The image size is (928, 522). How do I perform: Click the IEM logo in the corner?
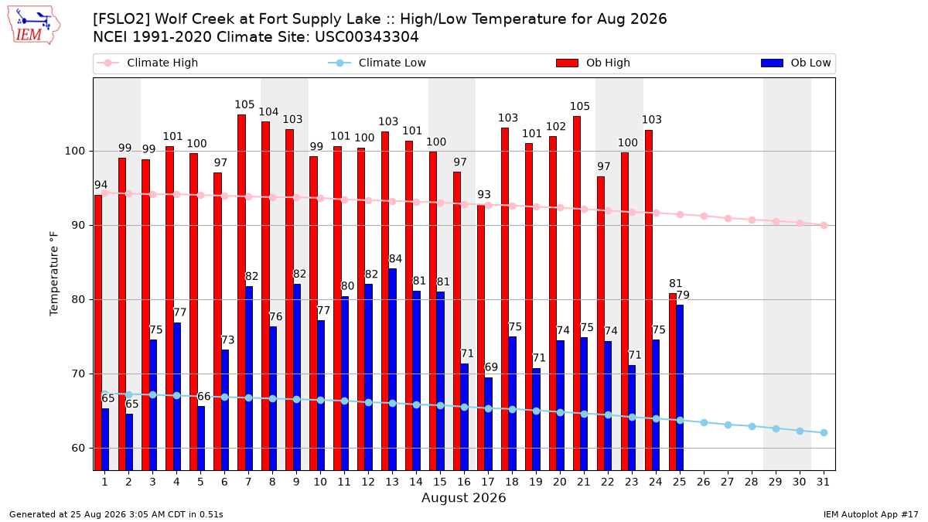tap(33, 26)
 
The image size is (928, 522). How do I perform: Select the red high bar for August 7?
tap(241, 292)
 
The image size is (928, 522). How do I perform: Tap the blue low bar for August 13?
tap(392, 370)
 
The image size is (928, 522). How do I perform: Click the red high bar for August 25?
tap(673, 382)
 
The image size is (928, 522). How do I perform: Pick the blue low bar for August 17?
tap(489, 424)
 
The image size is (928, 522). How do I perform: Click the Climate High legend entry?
tap(148, 63)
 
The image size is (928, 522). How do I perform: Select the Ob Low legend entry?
tap(796, 63)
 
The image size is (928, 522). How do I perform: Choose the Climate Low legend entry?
tap(377, 63)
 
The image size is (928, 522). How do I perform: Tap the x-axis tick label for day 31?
tap(823, 482)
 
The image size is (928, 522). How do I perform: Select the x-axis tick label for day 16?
tap(464, 482)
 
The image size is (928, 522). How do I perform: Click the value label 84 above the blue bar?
tap(395, 259)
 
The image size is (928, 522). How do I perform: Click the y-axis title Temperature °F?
tap(54, 274)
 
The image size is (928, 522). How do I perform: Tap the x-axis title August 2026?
tap(463, 497)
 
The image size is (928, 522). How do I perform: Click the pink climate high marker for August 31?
tap(824, 225)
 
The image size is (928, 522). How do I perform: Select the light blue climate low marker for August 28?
tap(752, 426)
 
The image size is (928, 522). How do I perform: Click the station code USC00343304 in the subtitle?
tap(367, 37)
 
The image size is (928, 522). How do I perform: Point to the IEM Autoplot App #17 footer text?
tap(871, 514)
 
